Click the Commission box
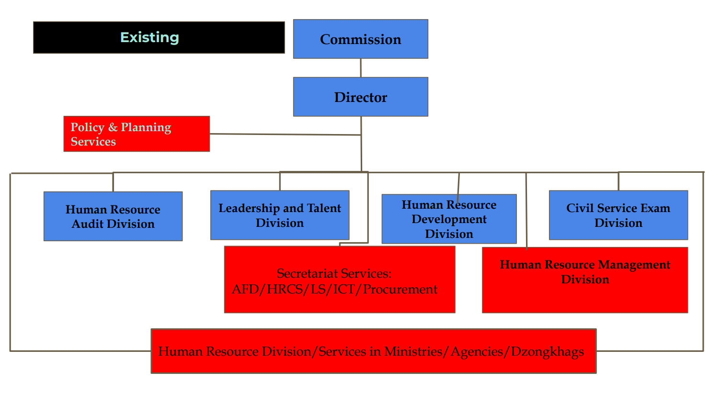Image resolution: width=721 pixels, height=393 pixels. (360, 39)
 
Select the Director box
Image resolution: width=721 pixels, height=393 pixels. (360, 97)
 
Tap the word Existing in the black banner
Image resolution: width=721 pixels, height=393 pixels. (149, 37)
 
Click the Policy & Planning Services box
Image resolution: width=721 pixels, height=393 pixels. (137, 134)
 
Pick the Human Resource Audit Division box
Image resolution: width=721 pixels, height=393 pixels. (113, 216)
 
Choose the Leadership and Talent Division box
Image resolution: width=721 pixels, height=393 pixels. (280, 215)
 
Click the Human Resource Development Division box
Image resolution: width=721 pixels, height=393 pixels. (449, 219)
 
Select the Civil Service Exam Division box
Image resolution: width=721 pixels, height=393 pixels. (618, 215)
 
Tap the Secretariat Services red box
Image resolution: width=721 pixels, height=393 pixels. (339, 280)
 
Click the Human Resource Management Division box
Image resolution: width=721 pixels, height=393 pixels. (584, 280)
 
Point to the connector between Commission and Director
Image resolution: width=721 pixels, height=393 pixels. (361, 68)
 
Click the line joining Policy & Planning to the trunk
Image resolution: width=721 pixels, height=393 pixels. (285, 135)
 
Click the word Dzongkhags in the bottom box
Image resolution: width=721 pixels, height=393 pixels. (547, 352)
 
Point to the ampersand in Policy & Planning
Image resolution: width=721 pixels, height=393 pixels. (113, 127)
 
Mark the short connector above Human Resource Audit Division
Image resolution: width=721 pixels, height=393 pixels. (113, 182)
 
